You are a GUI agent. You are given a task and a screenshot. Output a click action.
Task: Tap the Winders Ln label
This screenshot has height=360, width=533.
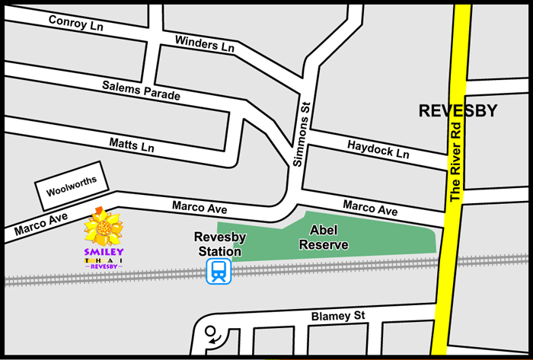click(205, 43)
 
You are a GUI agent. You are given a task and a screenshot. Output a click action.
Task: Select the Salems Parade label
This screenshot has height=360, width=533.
click(142, 90)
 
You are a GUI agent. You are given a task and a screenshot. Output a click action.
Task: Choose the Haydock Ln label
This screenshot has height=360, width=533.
click(378, 148)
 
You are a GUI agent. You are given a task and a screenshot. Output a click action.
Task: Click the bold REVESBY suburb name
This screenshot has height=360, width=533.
click(458, 111)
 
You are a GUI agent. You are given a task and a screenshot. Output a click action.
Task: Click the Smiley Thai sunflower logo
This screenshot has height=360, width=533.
click(104, 228)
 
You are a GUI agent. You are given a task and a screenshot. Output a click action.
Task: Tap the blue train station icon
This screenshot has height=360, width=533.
click(219, 271)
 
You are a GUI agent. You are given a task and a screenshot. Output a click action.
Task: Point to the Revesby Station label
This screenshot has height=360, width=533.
click(218, 244)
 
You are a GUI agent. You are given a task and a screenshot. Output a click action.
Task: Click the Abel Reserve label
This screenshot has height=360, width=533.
click(324, 237)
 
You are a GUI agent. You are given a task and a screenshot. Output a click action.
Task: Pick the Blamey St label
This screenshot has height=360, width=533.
click(339, 316)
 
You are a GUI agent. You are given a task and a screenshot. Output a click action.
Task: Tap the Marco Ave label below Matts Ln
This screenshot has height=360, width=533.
click(199, 206)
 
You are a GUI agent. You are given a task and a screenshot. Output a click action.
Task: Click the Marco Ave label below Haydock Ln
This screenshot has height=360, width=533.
click(370, 207)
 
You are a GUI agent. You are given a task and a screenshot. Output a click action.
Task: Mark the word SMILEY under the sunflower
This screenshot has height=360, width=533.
click(105, 252)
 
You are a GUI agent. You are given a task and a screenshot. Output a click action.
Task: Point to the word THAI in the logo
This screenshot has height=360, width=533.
click(104, 260)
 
